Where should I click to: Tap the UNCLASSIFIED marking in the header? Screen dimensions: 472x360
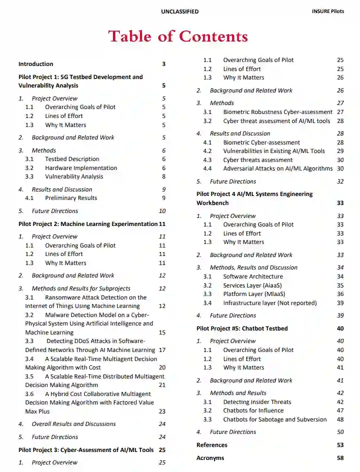coord(179,11)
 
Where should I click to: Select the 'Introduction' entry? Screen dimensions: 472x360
coord(35,64)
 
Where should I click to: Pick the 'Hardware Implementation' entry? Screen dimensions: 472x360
coord(81,168)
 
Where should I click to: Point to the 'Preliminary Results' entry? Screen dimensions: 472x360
coord(71,198)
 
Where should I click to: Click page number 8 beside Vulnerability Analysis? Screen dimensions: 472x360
coord(163,176)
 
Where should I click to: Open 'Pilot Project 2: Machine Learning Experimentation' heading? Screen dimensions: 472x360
coord(87,224)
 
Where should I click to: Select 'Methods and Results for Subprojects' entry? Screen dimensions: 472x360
coord(81,288)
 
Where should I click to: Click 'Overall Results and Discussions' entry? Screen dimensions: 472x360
coord(73,424)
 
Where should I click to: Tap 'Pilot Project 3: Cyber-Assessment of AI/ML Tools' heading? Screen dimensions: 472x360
coord(85,450)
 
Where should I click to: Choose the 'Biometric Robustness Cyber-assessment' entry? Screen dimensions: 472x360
coord(277,112)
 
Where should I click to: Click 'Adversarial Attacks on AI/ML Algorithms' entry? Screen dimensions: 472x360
coord(277,168)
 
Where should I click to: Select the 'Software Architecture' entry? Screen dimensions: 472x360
coord(253,276)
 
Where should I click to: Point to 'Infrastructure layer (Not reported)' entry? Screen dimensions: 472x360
coord(270,303)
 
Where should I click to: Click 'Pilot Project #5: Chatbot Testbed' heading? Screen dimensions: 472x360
coord(242,328)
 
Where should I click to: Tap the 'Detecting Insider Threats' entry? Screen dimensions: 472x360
coord(257,402)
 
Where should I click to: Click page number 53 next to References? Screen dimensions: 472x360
coord(340,445)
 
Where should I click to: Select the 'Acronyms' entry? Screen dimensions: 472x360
coord(210,458)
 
